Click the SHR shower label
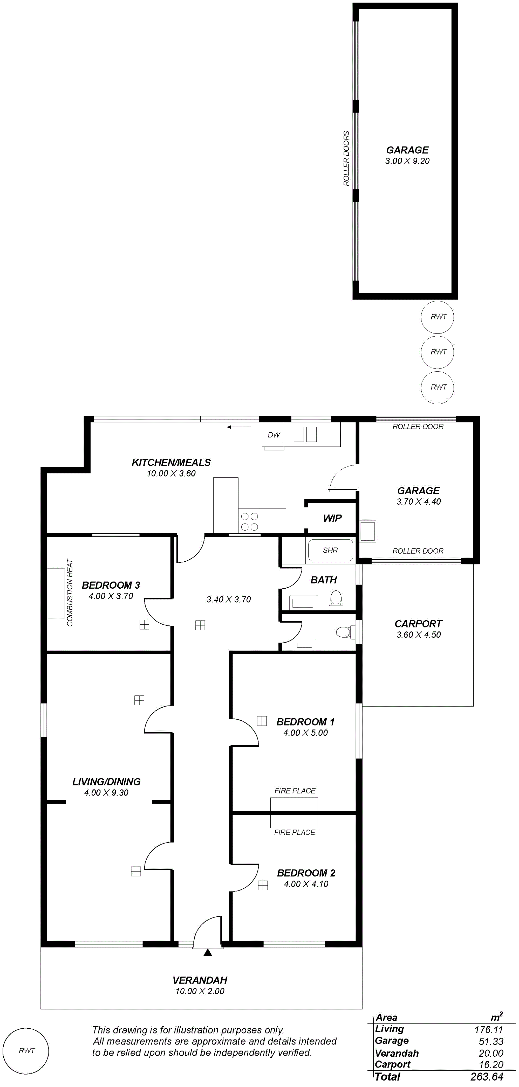[330, 550]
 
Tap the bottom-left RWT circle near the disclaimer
[27, 1050]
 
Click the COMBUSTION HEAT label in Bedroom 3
[70, 593]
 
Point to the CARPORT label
[418, 624]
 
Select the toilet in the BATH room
[336, 600]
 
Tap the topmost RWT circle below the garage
[438, 317]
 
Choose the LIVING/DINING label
[106, 782]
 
